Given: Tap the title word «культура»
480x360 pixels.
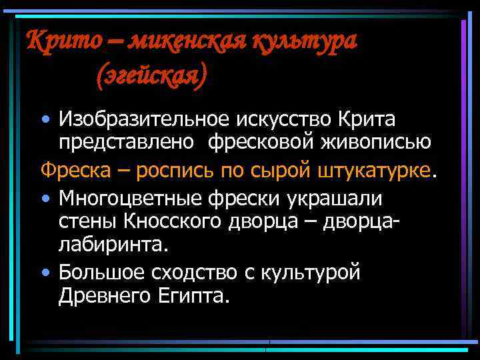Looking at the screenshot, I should click(303, 41).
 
